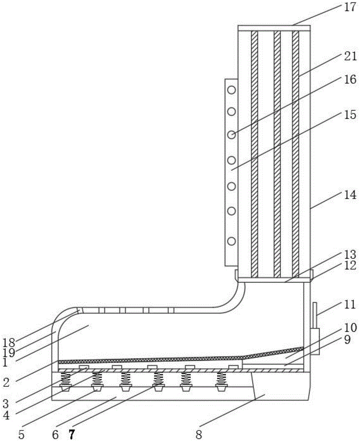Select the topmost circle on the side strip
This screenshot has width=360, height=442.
click(x=231, y=90)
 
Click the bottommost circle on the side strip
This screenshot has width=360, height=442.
click(x=231, y=241)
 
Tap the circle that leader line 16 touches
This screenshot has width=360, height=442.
click(x=231, y=134)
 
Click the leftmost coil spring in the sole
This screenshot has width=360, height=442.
click(x=65, y=378)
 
